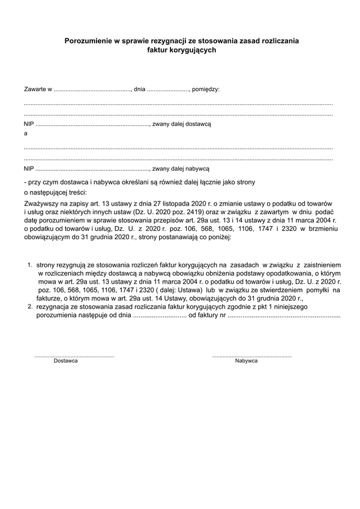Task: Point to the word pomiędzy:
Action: click(x=206, y=89)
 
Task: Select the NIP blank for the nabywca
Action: click(x=92, y=170)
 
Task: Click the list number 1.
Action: click(x=29, y=264)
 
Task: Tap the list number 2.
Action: click(x=29, y=306)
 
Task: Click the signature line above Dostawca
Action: click(x=74, y=356)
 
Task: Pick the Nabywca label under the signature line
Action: click(x=246, y=361)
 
